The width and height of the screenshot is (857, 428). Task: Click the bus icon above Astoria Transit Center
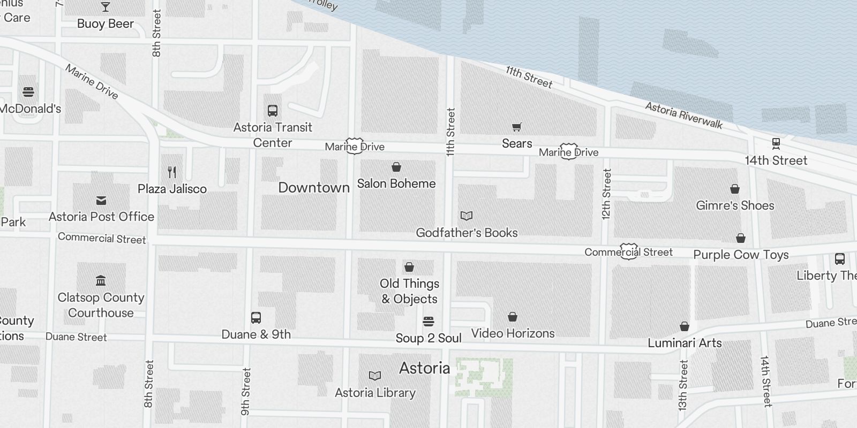(273, 111)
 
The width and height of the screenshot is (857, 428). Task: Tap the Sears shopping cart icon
(516, 127)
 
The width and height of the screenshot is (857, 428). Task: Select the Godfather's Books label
(467, 233)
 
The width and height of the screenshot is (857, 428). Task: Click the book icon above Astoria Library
(375, 376)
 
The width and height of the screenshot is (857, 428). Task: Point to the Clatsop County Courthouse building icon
(101, 281)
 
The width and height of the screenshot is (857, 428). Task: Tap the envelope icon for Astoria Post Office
(101, 201)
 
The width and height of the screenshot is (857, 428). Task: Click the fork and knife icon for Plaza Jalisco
(172, 172)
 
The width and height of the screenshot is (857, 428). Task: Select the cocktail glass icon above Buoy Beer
(106, 7)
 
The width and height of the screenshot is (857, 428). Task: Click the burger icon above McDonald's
(28, 92)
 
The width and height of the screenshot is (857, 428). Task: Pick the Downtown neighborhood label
(314, 187)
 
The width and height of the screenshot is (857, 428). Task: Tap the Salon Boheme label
(396, 184)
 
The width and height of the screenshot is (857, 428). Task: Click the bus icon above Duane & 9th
(256, 318)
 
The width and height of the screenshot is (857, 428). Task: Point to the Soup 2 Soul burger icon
(428, 322)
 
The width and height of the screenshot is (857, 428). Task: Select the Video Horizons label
(513, 333)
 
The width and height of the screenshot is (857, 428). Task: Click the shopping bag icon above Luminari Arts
(685, 326)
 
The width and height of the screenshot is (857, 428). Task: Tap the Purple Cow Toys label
(741, 255)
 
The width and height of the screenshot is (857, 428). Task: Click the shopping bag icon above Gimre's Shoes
(735, 189)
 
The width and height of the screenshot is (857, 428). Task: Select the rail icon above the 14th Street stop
(776, 143)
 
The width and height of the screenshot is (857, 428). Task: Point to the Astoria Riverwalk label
(683, 116)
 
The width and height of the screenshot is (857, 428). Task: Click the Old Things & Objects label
(410, 291)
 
